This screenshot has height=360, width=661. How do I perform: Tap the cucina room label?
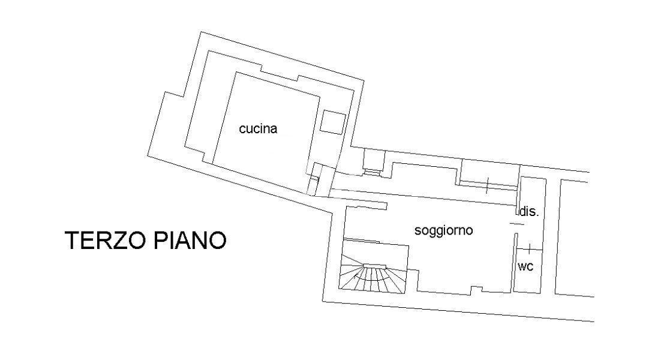click(x=258, y=128)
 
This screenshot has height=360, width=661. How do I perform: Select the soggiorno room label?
click(x=443, y=230)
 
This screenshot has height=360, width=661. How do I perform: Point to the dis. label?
click(x=529, y=211)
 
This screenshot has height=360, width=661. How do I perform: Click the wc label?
click(x=525, y=266)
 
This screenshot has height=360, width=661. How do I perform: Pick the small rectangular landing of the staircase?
click(x=375, y=266)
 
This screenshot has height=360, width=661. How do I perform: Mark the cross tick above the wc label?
click(x=529, y=249)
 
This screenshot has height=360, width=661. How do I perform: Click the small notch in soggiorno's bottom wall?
click(x=476, y=289)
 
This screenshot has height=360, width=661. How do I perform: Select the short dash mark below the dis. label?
click(x=515, y=224)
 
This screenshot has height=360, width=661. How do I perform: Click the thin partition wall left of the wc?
click(x=515, y=262)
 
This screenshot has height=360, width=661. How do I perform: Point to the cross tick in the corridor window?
click(x=487, y=185)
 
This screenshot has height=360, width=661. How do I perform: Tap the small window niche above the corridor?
click(x=374, y=161)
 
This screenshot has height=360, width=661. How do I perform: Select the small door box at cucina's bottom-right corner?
click(x=314, y=179)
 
